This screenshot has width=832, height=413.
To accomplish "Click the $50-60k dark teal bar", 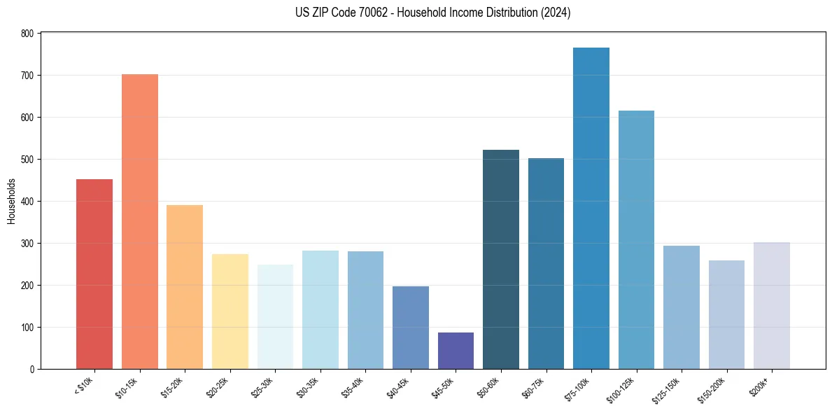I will [x=501, y=260].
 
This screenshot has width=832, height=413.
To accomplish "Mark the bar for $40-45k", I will [x=411, y=328].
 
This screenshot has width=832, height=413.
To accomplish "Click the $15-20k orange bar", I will [x=185, y=287].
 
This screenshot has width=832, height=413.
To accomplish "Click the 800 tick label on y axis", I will [x=27, y=34].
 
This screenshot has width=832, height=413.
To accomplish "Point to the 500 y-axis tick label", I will [x=27, y=160].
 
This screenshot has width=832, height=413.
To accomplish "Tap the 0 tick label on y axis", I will [x=32, y=370].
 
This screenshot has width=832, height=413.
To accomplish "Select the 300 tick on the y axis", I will [x=27, y=244].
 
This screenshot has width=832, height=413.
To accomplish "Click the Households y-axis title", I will [x=11, y=201].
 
